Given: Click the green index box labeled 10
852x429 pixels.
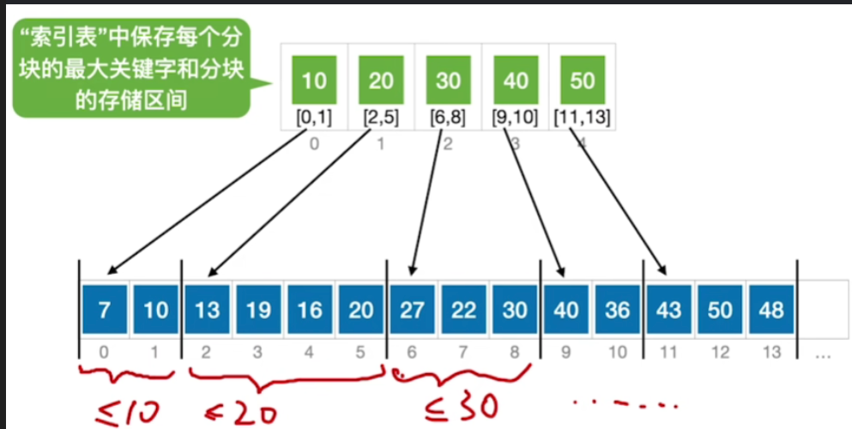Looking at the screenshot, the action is coord(314,81).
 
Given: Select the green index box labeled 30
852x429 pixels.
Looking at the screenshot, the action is coord(448,81).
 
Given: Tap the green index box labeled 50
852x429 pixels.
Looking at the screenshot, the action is coord(582,81).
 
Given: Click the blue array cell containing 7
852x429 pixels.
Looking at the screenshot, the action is coord(104,309).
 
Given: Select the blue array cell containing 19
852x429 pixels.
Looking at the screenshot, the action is coord(258,309).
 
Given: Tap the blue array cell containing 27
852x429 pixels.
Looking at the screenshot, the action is coord(412,309).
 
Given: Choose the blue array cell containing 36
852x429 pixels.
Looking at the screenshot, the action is coord(618,309).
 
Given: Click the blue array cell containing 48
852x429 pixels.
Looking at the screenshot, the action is coord(771,309).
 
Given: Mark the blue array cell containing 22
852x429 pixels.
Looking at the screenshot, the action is coord(463,309).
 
